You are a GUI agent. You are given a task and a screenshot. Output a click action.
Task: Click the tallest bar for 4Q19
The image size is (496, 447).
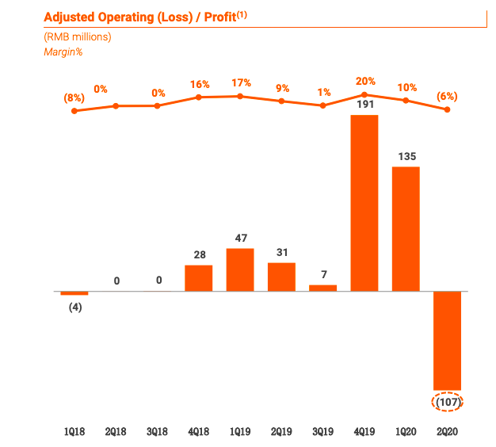[x=364, y=203]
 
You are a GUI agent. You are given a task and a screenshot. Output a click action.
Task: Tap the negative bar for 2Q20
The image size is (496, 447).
[x=447, y=340]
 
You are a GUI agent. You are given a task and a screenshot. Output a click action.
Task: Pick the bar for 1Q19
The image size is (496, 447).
[x=240, y=269]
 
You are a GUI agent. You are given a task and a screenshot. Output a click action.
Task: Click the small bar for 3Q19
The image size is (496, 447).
[x=322, y=288]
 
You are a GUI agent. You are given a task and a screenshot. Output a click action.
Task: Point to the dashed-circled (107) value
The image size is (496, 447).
[x=448, y=402]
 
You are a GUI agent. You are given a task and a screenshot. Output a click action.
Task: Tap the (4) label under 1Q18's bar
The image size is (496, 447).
[x=74, y=307]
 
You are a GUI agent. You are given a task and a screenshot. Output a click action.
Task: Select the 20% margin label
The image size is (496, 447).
[x=365, y=81]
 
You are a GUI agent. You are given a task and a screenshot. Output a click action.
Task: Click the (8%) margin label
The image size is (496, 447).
[x=74, y=97]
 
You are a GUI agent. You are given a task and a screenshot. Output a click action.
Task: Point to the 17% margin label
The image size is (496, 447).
[x=242, y=82]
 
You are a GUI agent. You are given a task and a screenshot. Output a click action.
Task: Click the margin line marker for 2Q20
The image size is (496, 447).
[x=448, y=109]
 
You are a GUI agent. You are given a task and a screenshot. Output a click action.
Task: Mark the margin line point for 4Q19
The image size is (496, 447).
[x=364, y=94]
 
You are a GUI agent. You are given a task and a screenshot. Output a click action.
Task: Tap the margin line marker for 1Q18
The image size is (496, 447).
[x=74, y=111]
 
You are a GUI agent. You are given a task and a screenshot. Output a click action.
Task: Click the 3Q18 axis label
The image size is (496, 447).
[x=157, y=432]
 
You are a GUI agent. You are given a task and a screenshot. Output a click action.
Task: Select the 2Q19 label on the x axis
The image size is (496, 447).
[x=281, y=432]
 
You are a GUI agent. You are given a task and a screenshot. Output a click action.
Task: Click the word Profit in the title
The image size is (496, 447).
[x=217, y=17]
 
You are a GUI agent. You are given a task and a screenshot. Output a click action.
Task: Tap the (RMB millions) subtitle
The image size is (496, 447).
[x=78, y=36]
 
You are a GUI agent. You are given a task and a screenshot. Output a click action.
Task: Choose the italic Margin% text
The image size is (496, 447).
[x=63, y=52]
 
